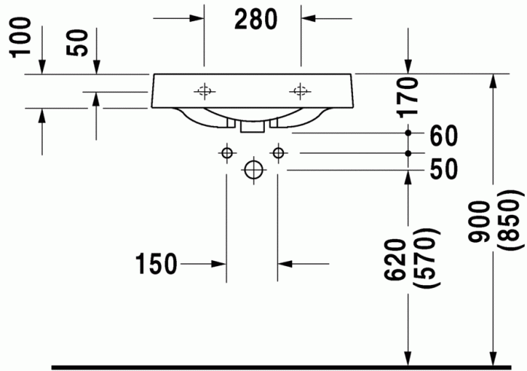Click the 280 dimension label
point(256,20)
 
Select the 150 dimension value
point(156,264)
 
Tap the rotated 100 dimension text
point(21,38)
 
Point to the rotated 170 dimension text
point(408,97)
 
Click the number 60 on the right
point(443,136)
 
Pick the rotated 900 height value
point(480,222)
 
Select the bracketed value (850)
point(510,220)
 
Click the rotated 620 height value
point(395,259)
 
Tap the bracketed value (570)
point(426,258)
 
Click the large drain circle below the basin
point(254,170)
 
